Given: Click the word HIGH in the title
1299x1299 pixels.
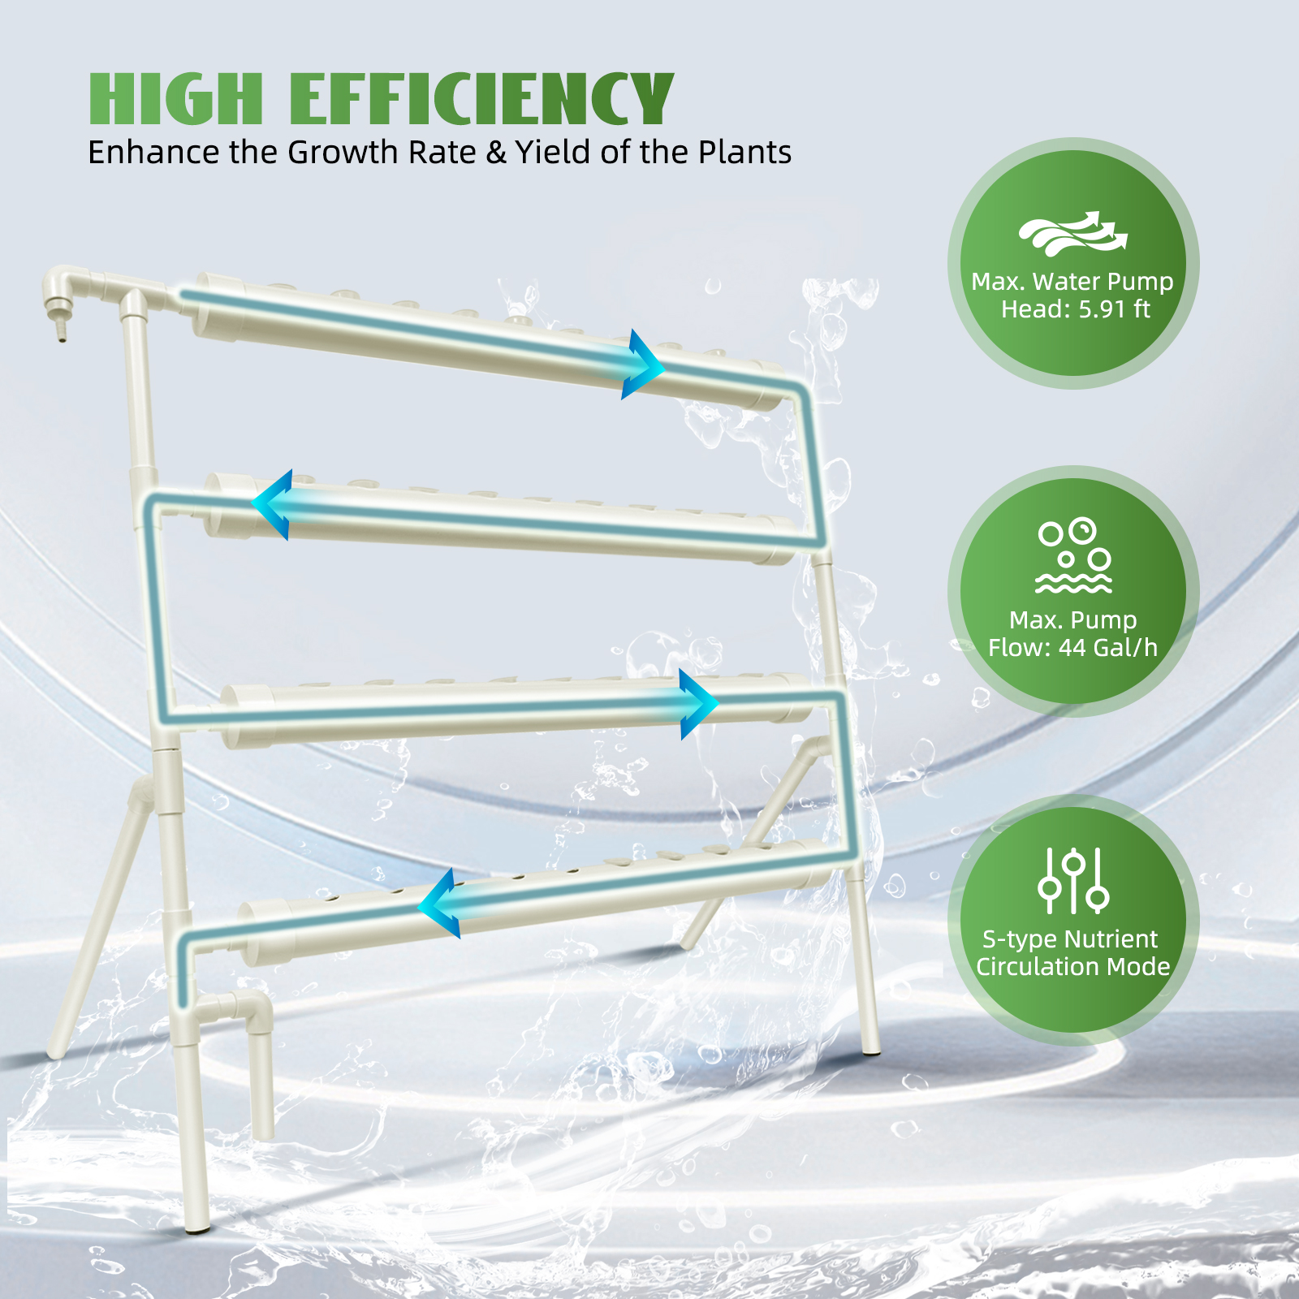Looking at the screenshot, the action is tap(176, 98).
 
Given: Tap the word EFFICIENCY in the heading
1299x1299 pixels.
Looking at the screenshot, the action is tap(481, 98).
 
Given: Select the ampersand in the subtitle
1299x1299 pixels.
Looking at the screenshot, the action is tap(496, 153).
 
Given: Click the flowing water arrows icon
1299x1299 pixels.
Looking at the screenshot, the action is tap(1073, 234).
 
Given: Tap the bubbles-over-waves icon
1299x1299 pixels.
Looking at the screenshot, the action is tap(1073, 555).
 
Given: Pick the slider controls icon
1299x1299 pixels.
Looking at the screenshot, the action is tap(1073, 880).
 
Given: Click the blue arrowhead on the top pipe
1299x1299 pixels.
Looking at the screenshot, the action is tap(643, 365).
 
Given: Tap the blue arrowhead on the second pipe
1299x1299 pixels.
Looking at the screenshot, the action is tap(272, 504).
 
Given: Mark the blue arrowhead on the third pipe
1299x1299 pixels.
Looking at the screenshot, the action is tap(698, 704).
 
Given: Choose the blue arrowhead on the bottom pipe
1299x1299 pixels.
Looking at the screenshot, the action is tap(438, 904).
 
